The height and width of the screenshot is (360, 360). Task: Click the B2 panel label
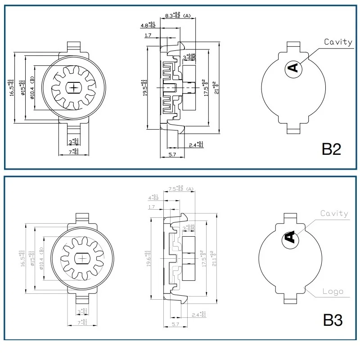point(331,149)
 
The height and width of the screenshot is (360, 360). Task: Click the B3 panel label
point(333,320)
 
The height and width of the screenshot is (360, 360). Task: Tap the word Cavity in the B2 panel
point(338,42)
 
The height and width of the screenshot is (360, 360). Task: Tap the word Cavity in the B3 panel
point(334,213)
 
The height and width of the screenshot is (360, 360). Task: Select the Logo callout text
point(333,291)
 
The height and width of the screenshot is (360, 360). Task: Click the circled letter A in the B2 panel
point(292,68)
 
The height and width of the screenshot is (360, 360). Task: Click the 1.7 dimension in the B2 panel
point(148,35)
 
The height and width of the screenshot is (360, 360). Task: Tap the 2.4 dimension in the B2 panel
point(196,145)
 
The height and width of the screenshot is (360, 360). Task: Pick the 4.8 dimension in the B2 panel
point(149,25)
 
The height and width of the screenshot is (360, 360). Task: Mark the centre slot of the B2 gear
point(72,87)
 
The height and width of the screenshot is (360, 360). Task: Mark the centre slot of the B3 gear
point(83,258)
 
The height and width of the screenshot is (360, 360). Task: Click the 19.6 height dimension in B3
point(149,258)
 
